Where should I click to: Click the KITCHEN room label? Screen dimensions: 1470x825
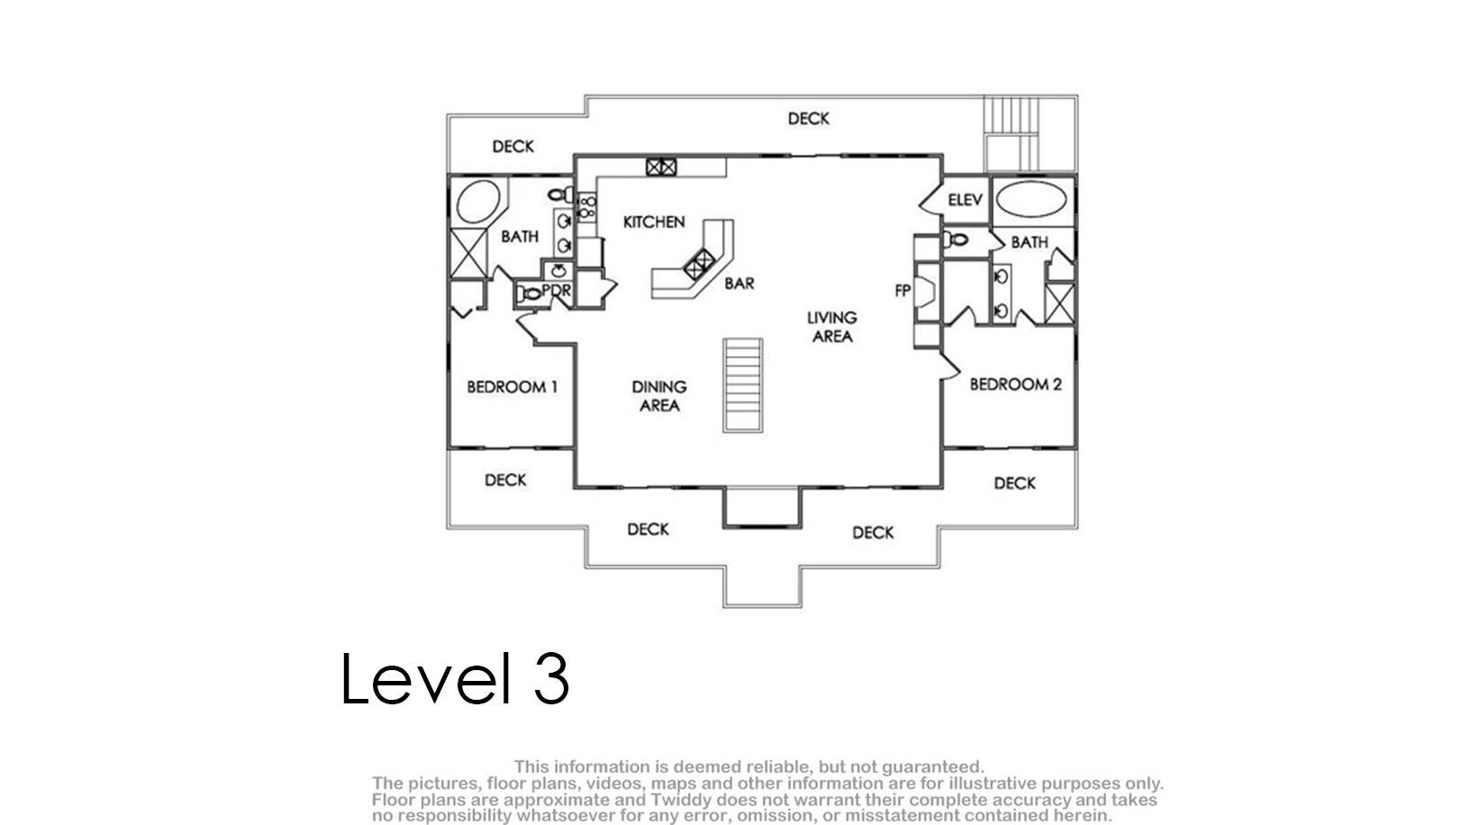tap(654, 222)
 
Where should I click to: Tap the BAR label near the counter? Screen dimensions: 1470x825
tap(740, 284)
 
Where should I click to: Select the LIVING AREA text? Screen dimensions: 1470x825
tap(832, 327)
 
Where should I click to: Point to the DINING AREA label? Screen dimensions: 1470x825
tap(658, 396)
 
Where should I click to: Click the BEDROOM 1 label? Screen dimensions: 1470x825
tap(512, 387)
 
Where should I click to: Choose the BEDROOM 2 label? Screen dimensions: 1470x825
tap(1015, 385)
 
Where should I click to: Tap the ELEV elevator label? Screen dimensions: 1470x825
tap(965, 200)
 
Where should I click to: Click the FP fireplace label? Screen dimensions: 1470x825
tap(903, 290)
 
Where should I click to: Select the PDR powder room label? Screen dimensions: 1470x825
tap(557, 290)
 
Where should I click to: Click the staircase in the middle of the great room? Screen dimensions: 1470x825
tap(743, 385)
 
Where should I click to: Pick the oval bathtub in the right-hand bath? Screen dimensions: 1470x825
tap(1030, 200)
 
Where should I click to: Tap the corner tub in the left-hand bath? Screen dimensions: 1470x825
tap(478, 202)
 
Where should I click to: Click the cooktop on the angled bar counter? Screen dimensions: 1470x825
tap(699, 265)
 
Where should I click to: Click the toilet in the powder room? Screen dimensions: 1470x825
tap(529, 294)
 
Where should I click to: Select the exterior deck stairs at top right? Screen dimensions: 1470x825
tap(1012, 133)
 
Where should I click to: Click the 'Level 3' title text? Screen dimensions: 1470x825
tap(454, 678)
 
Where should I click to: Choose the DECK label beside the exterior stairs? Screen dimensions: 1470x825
tap(809, 119)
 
